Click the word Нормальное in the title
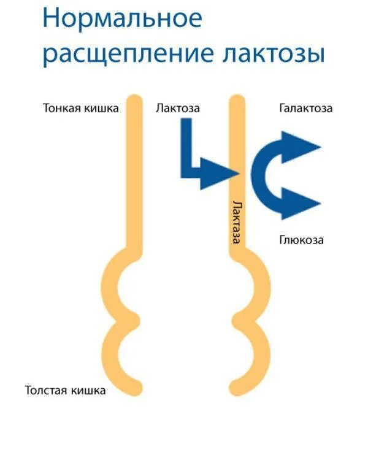click(123, 18)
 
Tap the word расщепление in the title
click(126, 55)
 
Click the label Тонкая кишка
click(80, 109)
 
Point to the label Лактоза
click(178, 109)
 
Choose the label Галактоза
click(305, 109)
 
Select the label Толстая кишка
click(65, 390)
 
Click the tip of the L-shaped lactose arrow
click(236, 173)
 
